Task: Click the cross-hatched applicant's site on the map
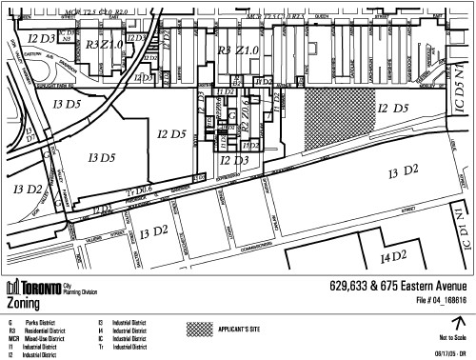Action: pos(340,119)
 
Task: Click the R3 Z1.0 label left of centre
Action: pos(104,45)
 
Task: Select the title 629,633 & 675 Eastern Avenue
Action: pos(398,288)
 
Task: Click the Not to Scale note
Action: pos(453,338)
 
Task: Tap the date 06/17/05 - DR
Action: pos(450,351)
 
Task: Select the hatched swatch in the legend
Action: pos(201,325)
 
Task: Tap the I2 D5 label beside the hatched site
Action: pos(393,109)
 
